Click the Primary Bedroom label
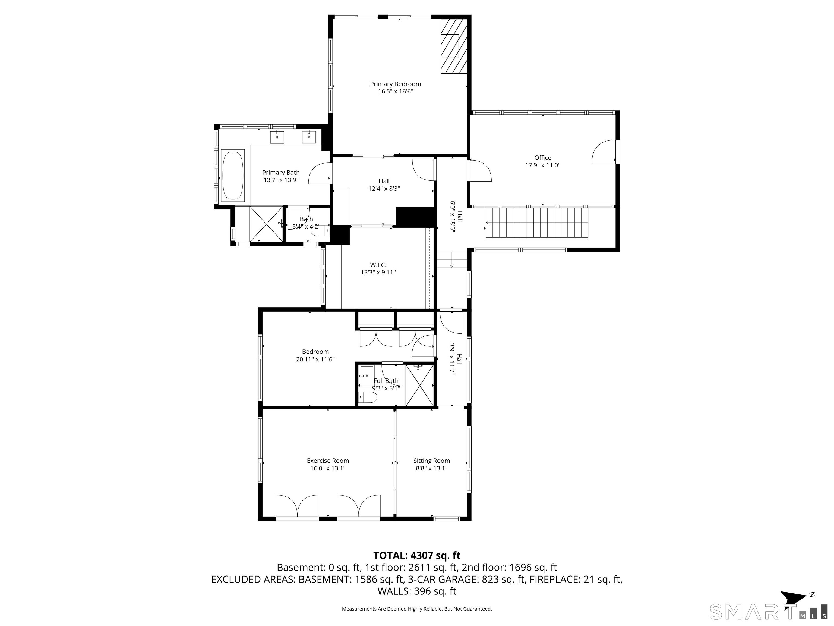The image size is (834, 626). click(x=396, y=84)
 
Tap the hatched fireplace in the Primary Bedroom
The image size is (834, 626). click(x=454, y=46)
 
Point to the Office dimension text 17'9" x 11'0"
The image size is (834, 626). click(x=543, y=165)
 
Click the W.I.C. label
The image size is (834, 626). click(x=378, y=265)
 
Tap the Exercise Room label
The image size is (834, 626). click(x=328, y=461)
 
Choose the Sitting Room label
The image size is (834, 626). click(x=432, y=461)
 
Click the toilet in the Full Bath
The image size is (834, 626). click(x=368, y=397)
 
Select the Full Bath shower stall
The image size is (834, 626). click(x=419, y=385)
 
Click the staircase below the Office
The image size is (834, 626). click(x=537, y=224)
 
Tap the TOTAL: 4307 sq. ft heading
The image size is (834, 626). click(x=417, y=555)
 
